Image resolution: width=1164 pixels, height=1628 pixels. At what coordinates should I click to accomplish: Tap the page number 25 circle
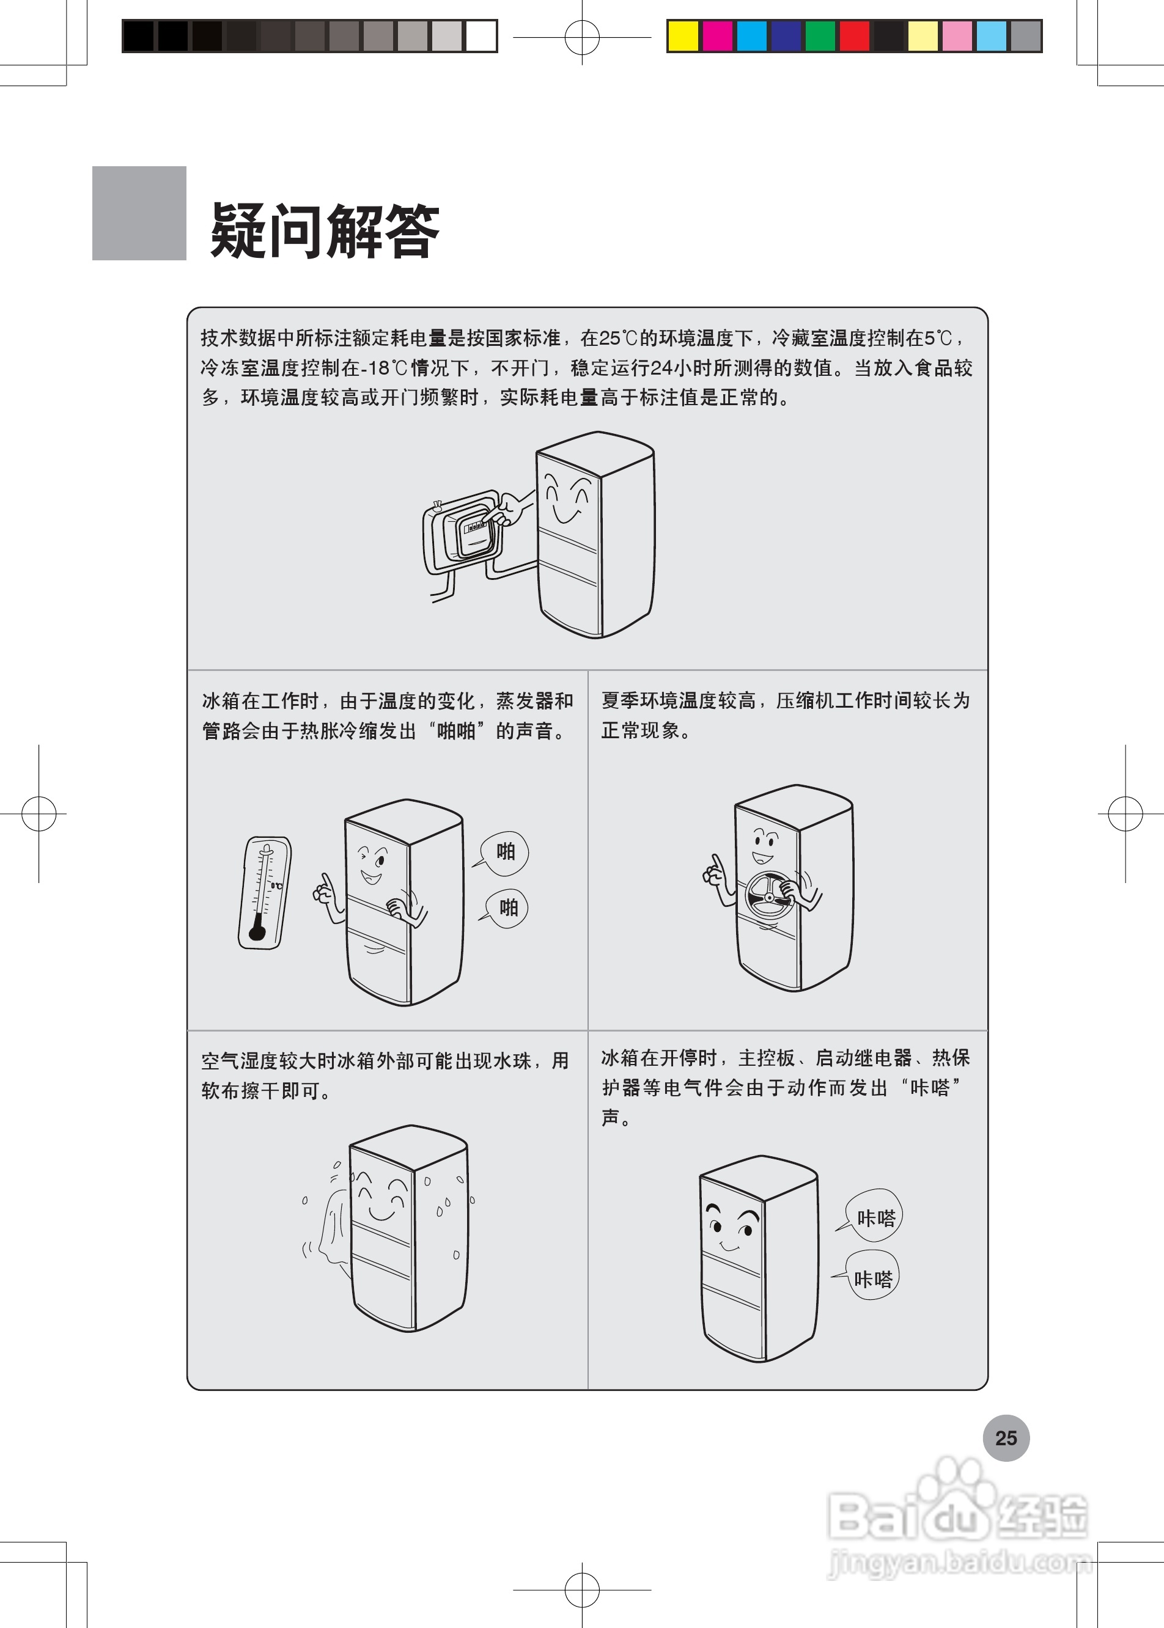(1006, 1437)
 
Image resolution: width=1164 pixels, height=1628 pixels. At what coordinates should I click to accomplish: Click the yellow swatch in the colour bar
(683, 36)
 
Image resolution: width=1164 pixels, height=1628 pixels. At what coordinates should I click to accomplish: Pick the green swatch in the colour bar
(820, 36)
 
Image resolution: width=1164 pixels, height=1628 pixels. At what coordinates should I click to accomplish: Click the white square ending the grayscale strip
(481, 36)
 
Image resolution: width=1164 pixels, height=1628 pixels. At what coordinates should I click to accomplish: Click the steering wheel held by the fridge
(768, 897)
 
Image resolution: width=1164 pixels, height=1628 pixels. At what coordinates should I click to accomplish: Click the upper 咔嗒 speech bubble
(874, 1217)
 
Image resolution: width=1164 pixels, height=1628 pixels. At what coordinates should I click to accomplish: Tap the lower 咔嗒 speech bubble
(872, 1278)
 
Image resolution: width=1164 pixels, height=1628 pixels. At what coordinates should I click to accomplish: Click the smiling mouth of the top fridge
(566, 515)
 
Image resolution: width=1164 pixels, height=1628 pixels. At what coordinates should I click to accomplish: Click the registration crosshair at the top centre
(581, 37)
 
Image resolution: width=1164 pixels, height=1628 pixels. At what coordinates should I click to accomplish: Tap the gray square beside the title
(139, 213)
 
